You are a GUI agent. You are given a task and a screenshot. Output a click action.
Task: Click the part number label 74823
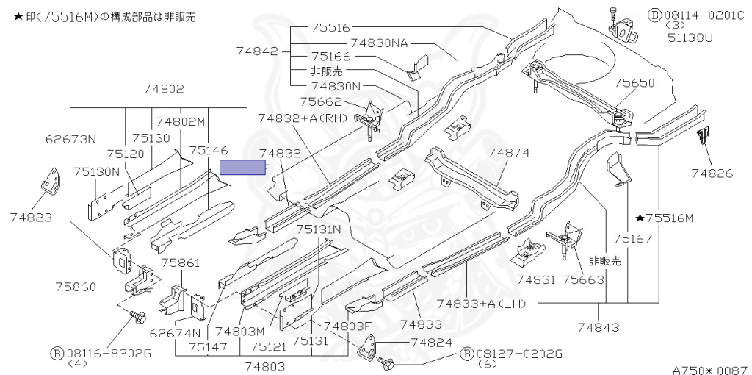click(x=31, y=218)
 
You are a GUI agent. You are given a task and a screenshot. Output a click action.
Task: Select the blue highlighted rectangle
click(x=242, y=168)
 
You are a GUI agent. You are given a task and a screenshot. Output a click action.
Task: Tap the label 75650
click(x=634, y=83)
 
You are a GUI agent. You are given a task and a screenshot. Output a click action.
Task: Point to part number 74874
click(x=509, y=153)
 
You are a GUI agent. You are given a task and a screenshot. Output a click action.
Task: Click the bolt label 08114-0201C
click(x=704, y=15)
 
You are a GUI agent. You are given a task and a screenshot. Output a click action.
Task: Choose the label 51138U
click(x=690, y=37)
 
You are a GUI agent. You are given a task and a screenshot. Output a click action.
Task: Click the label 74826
click(x=712, y=174)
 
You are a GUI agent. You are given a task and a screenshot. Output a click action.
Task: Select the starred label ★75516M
click(x=665, y=218)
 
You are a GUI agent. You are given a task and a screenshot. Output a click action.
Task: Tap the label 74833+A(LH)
click(x=481, y=304)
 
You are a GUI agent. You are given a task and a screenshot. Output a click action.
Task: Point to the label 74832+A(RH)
click(x=303, y=118)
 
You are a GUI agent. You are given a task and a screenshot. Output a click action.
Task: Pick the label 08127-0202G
click(x=519, y=354)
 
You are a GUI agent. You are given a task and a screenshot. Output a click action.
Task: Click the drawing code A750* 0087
click(x=711, y=370)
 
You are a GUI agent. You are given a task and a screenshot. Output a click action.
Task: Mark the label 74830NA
click(x=379, y=43)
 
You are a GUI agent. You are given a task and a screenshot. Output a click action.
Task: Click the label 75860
click(x=76, y=287)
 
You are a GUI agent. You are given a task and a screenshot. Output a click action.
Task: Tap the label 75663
click(x=582, y=279)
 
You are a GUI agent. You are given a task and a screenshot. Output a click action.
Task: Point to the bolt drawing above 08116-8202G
click(x=137, y=316)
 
